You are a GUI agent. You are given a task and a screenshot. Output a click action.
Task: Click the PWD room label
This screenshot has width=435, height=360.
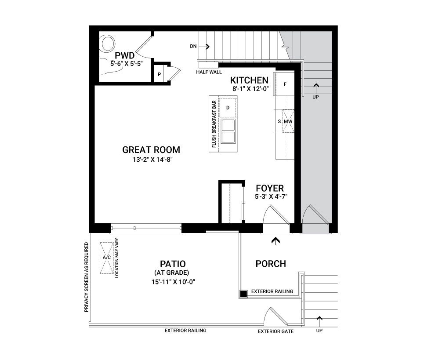[124, 55]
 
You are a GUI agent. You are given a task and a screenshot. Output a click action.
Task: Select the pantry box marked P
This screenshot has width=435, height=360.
[159, 74]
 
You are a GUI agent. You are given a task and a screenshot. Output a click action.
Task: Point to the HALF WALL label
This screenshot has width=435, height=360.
[209, 72]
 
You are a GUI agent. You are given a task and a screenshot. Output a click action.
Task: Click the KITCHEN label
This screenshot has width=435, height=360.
[249, 80]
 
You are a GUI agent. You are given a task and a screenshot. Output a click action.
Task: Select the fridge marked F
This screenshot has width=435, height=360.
[285, 84]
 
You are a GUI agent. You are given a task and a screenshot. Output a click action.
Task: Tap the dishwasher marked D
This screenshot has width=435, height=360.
[228, 108]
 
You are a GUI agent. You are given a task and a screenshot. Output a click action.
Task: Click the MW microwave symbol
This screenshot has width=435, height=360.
[288, 121]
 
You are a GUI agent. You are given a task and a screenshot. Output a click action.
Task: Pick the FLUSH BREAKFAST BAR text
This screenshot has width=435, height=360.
[214, 124]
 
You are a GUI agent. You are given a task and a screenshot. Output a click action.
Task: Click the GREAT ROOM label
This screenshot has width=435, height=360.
[151, 150]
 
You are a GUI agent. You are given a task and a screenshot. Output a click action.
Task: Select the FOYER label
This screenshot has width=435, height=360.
[270, 188]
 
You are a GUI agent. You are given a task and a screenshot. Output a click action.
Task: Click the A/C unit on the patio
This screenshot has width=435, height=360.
[106, 258]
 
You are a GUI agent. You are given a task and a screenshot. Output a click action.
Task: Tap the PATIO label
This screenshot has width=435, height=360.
[173, 264]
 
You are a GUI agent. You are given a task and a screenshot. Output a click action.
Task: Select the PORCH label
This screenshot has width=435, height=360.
[271, 264]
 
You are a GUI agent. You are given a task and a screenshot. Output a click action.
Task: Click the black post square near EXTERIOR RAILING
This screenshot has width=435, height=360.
[243, 294]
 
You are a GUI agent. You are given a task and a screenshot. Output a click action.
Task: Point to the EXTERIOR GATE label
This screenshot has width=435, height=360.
[276, 331]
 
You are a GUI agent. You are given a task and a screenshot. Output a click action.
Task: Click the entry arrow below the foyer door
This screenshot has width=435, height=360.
[275, 240]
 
